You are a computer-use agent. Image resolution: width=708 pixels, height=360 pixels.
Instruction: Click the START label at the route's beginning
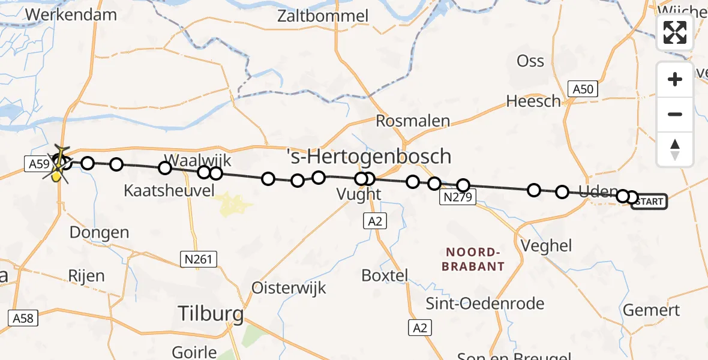(649, 202)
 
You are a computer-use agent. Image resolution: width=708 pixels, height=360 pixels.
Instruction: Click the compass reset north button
(675, 149)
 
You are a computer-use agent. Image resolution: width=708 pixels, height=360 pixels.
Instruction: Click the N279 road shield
(458, 197)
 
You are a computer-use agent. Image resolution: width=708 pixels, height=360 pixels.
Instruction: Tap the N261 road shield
(199, 259)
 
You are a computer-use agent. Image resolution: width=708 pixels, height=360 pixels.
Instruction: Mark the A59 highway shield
(37, 162)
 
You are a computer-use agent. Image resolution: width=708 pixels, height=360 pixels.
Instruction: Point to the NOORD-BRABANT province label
(473, 259)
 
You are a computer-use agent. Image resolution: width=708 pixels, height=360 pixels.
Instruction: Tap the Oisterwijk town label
(289, 287)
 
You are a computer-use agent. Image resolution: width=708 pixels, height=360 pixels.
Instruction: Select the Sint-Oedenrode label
(485, 303)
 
